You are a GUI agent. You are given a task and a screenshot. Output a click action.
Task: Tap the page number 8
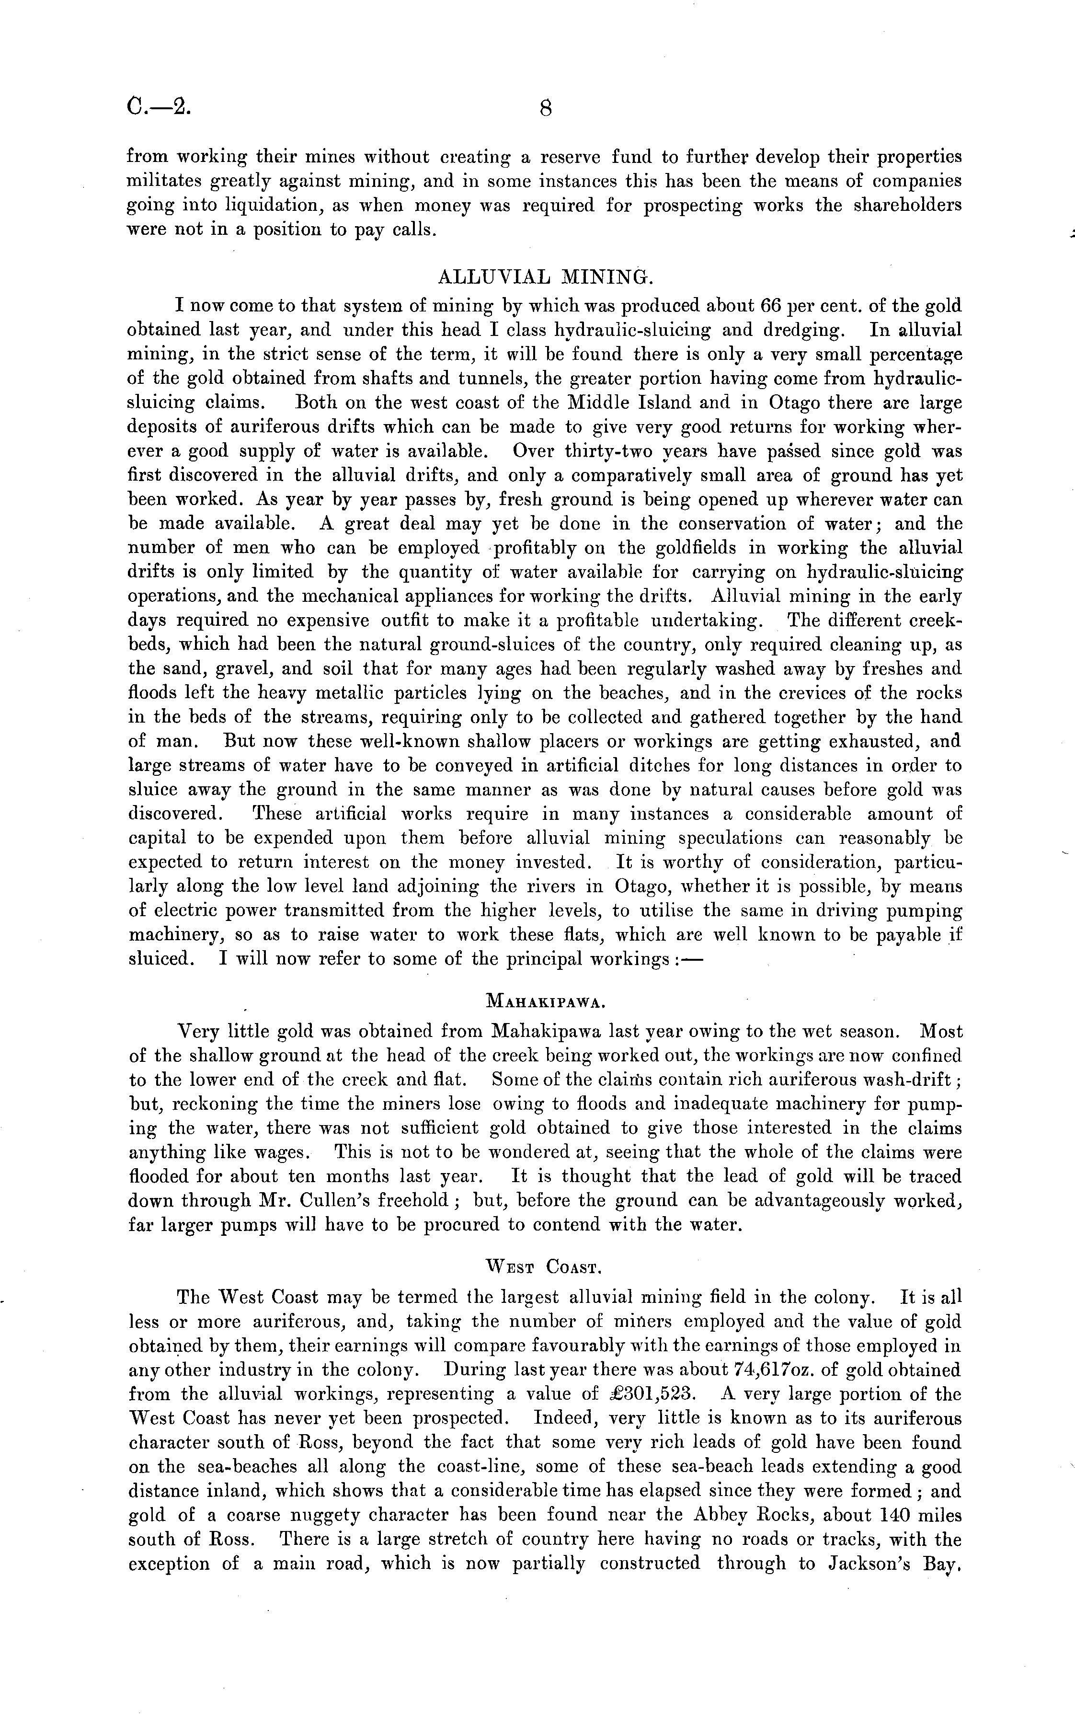pyautogui.click(x=545, y=108)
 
